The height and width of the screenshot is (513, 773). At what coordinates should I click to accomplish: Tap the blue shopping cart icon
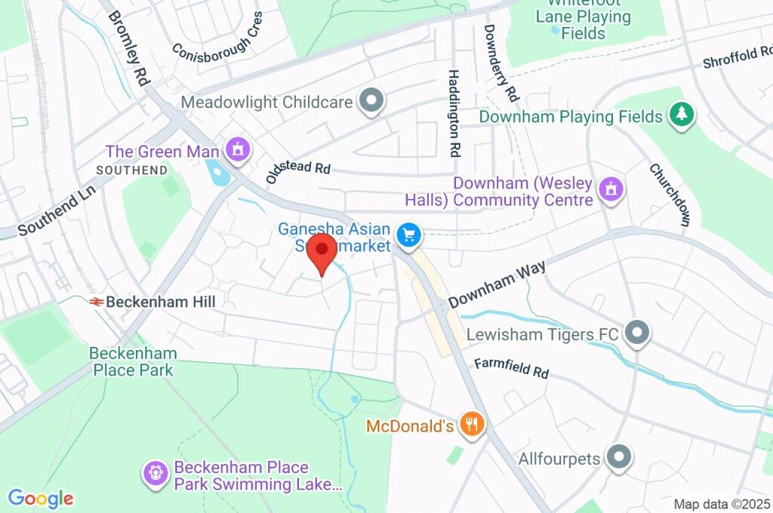(x=409, y=235)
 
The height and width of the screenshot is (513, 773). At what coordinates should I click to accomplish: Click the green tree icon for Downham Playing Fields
(x=682, y=115)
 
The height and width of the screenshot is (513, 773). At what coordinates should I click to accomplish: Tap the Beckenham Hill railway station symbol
(x=96, y=302)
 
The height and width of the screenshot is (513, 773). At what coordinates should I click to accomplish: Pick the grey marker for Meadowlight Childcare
(x=371, y=101)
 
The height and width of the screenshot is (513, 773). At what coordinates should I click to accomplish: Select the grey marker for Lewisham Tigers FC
(x=638, y=333)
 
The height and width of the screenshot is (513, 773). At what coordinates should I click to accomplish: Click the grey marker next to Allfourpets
(x=619, y=457)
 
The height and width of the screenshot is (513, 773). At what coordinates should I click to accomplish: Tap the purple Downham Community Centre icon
(x=611, y=189)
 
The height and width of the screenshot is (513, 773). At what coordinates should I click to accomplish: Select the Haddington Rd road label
(x=454, y=112)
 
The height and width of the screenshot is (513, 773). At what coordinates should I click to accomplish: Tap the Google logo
(x=41, y=498)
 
